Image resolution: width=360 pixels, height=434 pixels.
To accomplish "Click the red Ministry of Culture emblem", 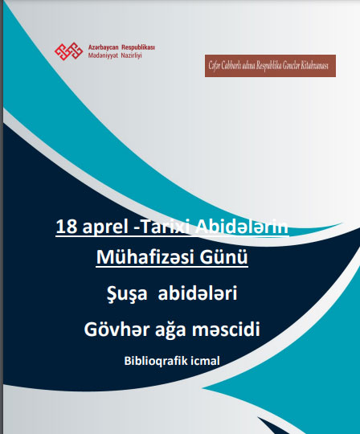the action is point(68,51).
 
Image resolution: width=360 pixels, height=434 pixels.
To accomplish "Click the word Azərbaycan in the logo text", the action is point(103,47).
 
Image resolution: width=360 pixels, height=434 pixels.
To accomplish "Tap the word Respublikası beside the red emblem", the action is point(138,47).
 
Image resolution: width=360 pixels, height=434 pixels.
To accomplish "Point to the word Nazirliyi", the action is point(131,55).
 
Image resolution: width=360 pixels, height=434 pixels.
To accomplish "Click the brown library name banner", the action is point(270,66).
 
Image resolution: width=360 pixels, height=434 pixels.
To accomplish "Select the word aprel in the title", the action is point(105,227).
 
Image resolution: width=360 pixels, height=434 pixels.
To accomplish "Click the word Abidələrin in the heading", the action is point(242,227).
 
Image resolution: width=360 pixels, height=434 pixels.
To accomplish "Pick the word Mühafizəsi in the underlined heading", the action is point(144,257).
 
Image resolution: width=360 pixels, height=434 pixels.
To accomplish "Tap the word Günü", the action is point(223,257).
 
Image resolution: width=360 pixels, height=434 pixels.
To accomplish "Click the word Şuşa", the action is point(127,293).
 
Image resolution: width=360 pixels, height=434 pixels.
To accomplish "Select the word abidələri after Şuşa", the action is point(198,293).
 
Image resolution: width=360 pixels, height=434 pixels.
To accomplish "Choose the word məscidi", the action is point(226,330).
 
